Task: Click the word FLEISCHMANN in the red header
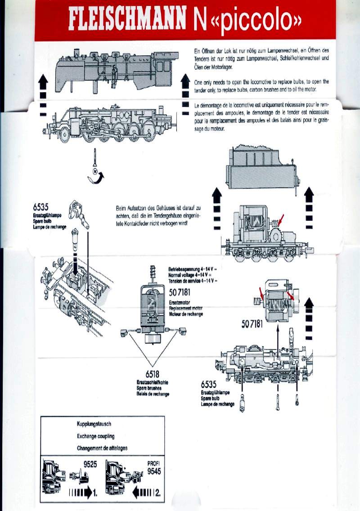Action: coord(127,21)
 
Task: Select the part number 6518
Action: coord(152,374)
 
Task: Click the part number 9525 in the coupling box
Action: coord(90,465)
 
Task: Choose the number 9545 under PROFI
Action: coord(153,471)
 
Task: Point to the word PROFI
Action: coord(153,463)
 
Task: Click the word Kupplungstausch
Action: coord(94,424)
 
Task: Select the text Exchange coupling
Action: coord(95,436)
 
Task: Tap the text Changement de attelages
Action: coord(102,448)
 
